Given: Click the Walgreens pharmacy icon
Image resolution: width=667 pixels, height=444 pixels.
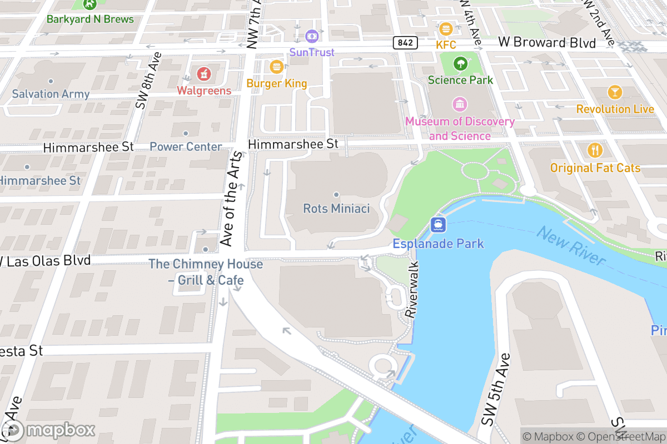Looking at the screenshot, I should coord(204,73).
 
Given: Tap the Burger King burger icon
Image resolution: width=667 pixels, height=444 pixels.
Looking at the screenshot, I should coord(276,67).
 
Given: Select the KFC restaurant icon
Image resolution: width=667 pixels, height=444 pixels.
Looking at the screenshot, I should coord(445,28).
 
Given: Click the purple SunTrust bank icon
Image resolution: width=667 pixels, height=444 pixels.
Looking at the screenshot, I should coord(311,36).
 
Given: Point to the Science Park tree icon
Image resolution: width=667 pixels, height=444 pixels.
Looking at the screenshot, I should coord(460,63).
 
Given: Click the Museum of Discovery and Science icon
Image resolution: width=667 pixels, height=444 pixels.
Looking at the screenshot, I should coord(460,104).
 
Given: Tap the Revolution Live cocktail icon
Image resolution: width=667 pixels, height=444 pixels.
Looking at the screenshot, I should coord(615,92).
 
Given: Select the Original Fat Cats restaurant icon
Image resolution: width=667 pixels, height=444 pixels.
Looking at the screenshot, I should coord(595,150).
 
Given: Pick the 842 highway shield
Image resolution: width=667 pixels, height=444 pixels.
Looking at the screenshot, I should coord(404,43).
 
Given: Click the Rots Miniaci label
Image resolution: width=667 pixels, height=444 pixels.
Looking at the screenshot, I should coord(336,209).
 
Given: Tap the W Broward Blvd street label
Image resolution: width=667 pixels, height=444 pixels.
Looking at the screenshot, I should coord(547,43).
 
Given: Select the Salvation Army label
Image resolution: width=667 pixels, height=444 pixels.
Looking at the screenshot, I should coord(51,94).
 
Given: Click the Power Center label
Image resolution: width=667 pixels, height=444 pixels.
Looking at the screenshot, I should coord(186,147).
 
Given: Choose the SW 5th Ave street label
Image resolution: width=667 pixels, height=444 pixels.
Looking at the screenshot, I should coord(496,390).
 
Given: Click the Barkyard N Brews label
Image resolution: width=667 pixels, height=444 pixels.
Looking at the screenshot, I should coord(90,19).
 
